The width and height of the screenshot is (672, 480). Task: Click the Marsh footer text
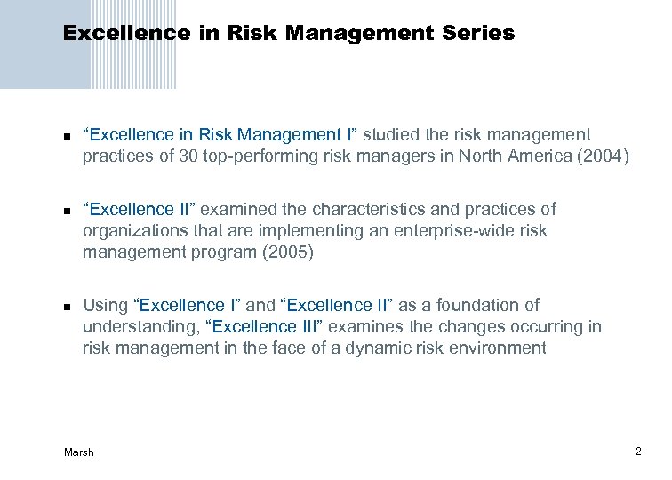(79, 452)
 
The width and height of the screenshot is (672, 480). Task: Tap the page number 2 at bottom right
(638, 452)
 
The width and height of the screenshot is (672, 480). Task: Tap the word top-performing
(270, 157)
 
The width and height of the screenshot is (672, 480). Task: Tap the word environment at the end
(499, 348)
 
